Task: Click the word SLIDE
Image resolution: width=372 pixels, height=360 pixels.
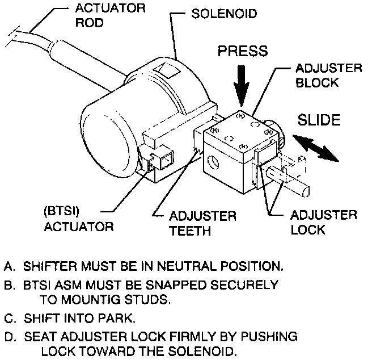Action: [319, 120]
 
